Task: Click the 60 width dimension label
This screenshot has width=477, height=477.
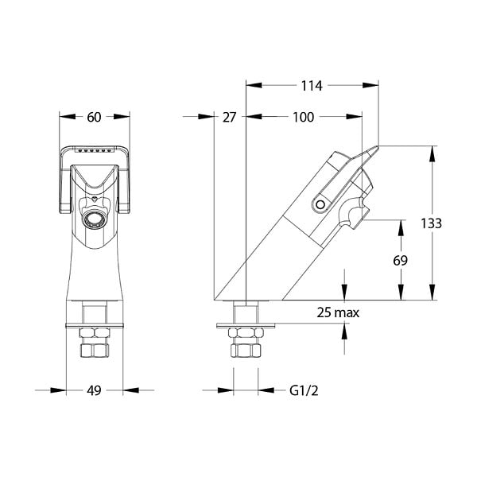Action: coord(94,117)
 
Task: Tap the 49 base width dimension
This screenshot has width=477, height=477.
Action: coord(94,390)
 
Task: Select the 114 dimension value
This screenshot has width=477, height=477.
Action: coord(312,86)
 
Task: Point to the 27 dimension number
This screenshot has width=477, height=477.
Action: coord(229,117)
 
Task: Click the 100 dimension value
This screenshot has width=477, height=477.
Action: coord(303,117)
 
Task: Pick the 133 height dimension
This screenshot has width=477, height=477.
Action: coord(431,223)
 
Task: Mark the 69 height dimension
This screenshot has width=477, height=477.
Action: coord(400,261)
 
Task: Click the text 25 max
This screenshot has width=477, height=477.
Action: coord(338,312)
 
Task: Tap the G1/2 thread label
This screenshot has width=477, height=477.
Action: coord(304,390)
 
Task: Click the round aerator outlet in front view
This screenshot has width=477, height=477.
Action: coord(94,219)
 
